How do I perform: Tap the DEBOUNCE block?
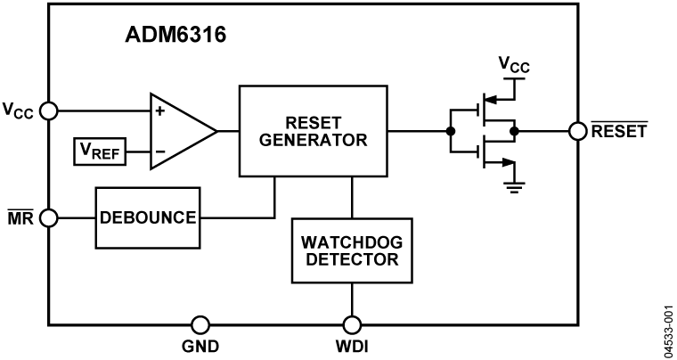(148, 218)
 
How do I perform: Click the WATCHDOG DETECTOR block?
(352, 251)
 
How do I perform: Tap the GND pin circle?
(201, 324)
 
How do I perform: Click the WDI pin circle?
(353, 324)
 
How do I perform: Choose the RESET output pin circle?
(576, 131)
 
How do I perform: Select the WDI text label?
(353, 347)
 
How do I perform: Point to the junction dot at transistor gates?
(451, 131)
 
